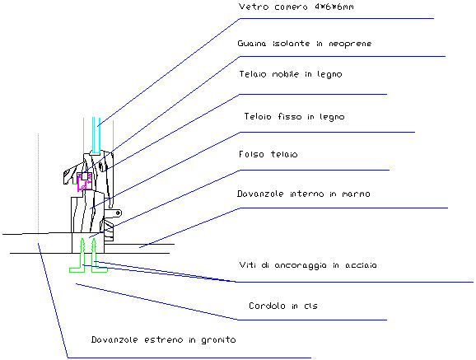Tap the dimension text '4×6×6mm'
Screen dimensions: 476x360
tap(334, 7)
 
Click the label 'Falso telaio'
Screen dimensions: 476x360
tap(268, 154)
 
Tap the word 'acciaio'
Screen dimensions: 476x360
tap(361, 265)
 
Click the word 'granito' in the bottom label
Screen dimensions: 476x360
tap(218, 340)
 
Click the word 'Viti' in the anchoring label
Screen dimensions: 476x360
tap(247, 265)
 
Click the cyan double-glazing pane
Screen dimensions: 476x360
tap(96, 135)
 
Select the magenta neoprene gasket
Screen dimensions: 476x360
tap(84, 182)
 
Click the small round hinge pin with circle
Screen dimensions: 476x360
tap(119, 213)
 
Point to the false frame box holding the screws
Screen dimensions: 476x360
tap(88, 243)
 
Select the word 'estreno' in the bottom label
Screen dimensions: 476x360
tap(163, 340)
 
